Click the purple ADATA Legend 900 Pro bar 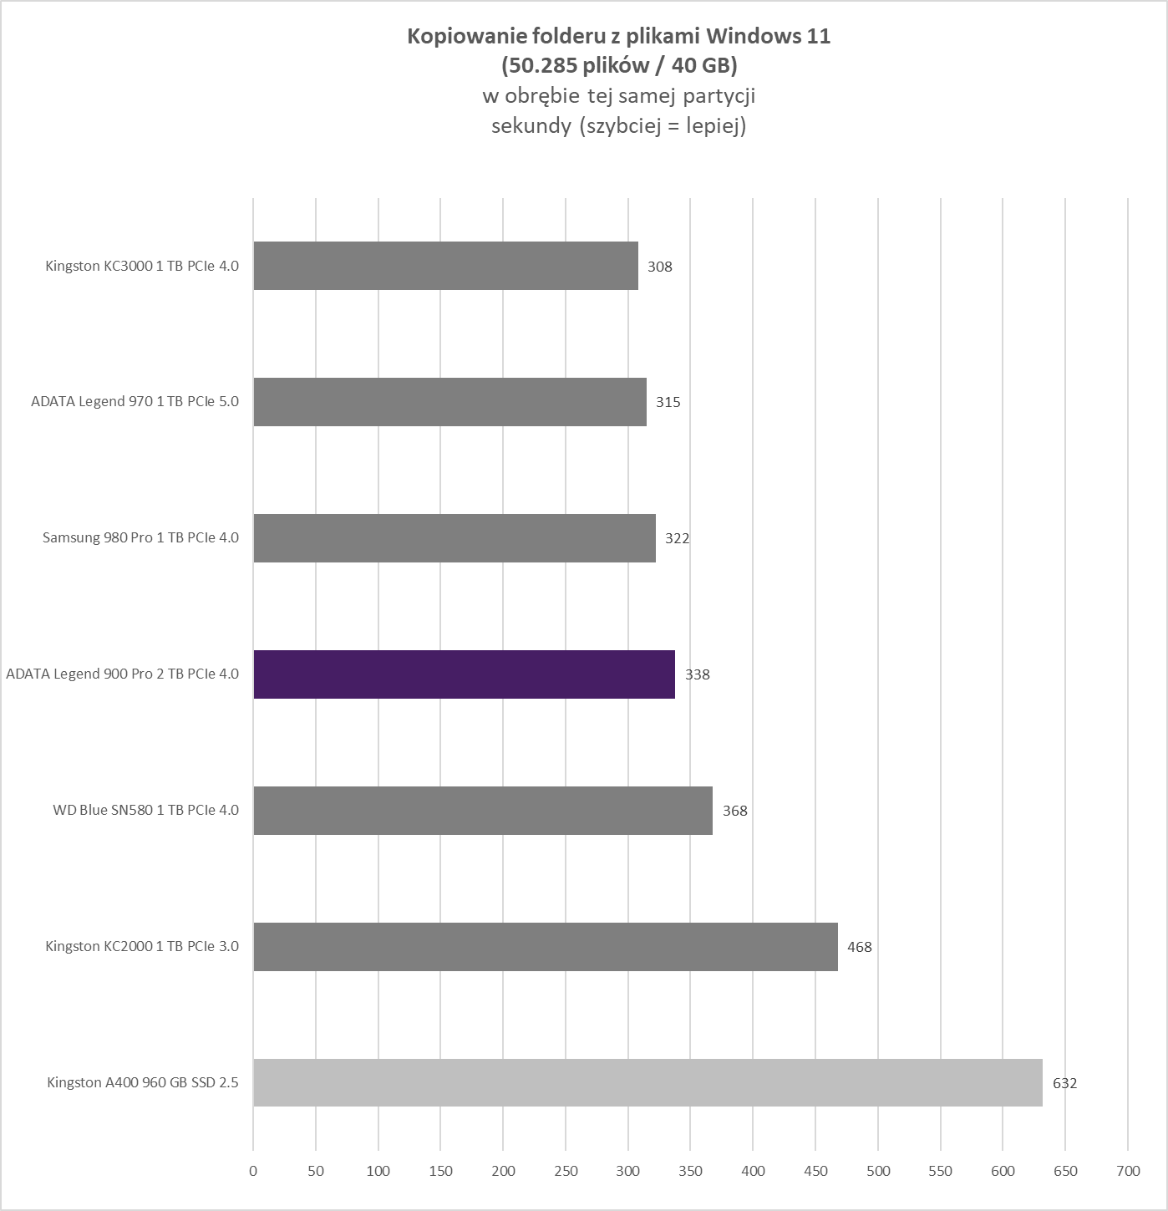(464, 674)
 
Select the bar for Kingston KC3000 (445, 266)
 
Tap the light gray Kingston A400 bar (647, 1083)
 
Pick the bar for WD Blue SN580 (483, 811)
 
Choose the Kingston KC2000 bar (546, 947)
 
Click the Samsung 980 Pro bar (455, 538)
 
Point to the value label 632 (1064, 1084)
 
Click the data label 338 (697, 674)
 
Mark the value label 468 (859, 947)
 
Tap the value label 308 (659, 267)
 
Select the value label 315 (668, 402)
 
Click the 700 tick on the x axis (1127, 1171)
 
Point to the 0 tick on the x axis (253, 1171)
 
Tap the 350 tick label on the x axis (690, 1171)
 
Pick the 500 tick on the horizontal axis (878, 1171)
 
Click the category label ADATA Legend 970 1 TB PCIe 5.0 (135, 401)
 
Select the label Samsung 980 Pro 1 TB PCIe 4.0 (140, 537)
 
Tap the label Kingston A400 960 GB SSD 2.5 (142, 1083)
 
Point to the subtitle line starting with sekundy (618, 126)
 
